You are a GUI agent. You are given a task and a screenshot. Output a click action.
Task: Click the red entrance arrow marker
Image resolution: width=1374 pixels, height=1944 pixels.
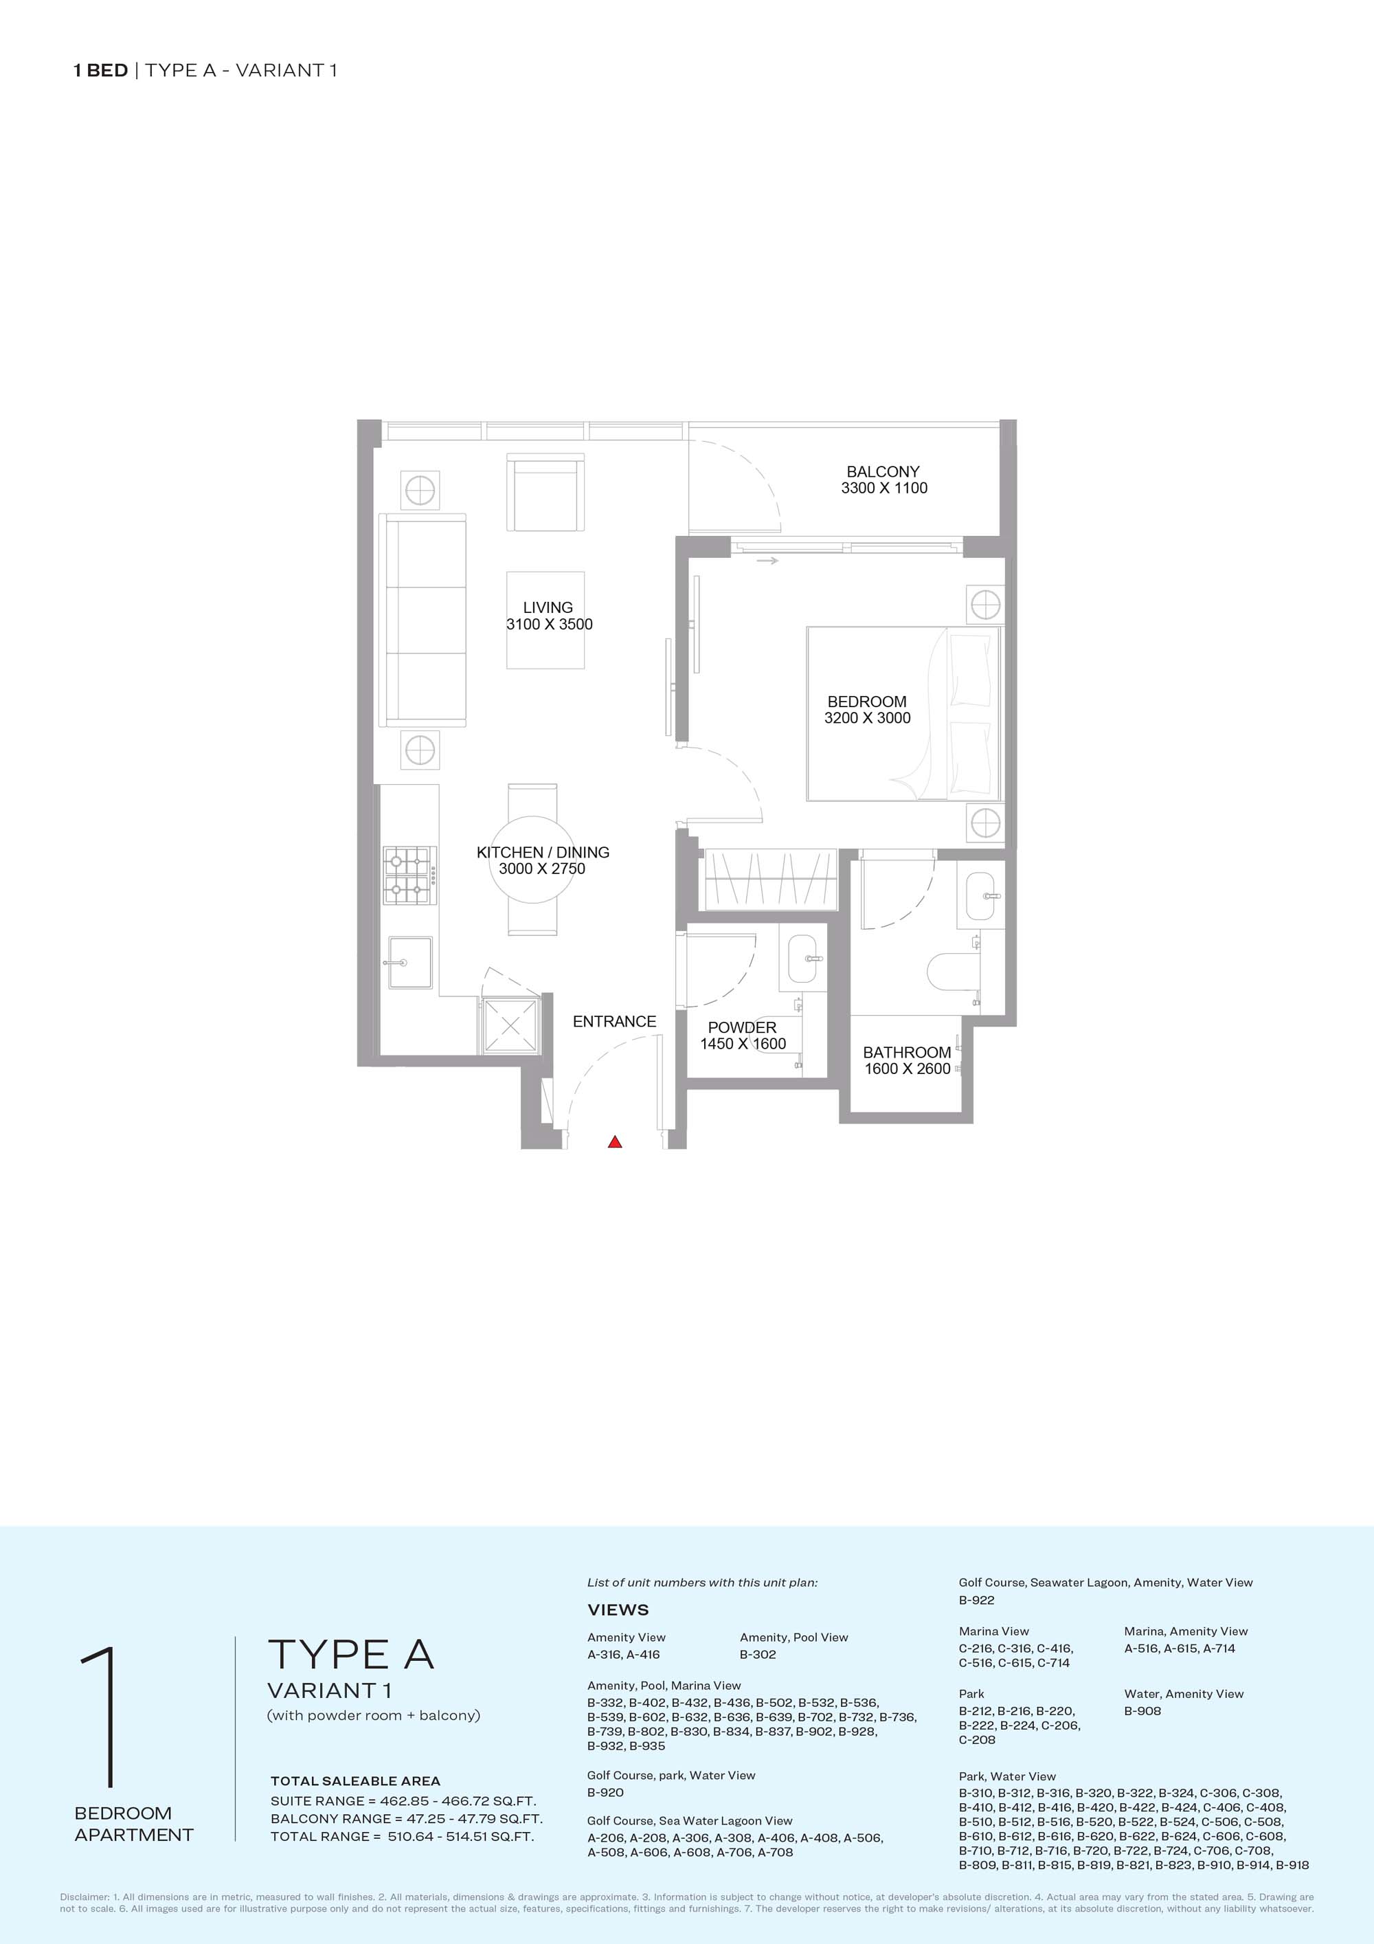616,1142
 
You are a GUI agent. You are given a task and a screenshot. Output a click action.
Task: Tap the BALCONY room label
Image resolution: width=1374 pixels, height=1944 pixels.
883,471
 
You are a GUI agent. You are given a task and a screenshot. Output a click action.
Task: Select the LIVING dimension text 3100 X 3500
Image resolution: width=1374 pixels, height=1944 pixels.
550,625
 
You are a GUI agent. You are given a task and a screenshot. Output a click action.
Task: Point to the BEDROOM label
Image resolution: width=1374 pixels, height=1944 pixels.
867,702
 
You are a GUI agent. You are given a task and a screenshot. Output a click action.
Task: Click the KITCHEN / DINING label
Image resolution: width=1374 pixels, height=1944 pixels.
543,853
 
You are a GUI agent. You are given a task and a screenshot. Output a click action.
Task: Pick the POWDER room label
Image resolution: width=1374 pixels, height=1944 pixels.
743,1028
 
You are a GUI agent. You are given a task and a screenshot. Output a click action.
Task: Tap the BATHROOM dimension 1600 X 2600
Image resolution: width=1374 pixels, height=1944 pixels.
908,1069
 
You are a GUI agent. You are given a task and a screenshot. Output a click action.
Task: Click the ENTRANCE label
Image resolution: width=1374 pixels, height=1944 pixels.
615,1022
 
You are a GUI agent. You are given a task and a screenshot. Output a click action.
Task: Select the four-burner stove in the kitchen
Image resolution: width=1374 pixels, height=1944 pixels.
409,876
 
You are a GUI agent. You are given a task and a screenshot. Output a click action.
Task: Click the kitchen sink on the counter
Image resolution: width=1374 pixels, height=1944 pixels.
409,963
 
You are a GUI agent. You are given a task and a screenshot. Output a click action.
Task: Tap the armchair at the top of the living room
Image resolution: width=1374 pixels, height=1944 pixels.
545,492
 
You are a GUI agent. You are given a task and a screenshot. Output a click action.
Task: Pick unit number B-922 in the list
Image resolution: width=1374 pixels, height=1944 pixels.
977,1600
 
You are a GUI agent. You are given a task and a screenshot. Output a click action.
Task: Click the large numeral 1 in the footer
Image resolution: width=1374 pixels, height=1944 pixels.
99,1718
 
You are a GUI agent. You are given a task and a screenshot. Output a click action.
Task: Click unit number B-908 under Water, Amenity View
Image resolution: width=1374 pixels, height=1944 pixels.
1143,1711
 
